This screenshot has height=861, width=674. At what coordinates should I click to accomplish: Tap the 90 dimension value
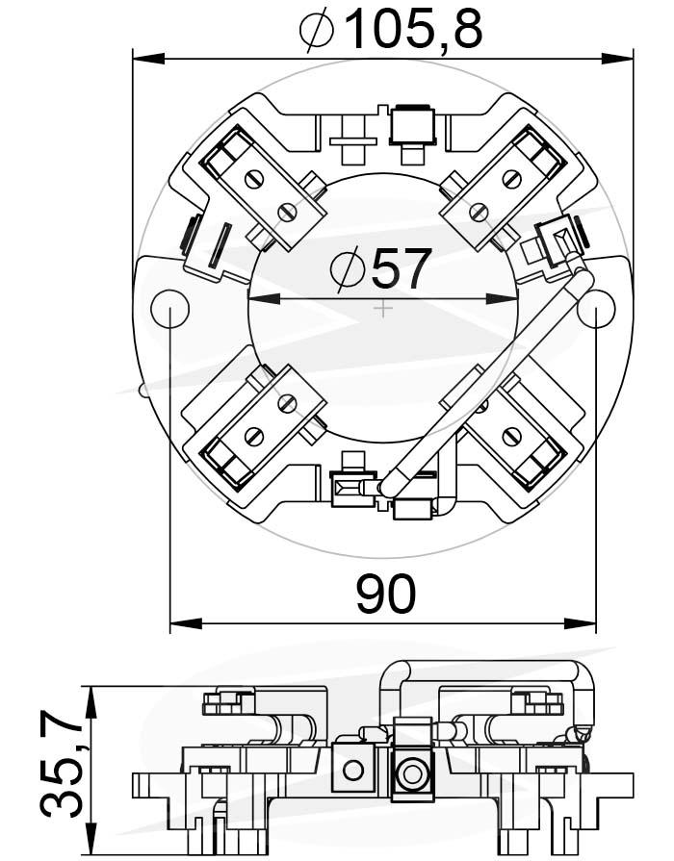385,594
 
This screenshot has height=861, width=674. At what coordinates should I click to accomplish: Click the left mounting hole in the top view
169,309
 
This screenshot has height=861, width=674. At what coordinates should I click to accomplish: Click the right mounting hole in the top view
596,309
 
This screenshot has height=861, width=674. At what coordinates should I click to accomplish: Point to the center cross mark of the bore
382,309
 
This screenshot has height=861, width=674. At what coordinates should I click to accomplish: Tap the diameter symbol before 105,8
317,30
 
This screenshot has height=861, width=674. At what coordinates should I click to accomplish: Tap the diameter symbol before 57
348,268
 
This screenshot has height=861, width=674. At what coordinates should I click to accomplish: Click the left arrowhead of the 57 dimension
265,299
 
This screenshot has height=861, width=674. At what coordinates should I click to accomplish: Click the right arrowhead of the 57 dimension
502,299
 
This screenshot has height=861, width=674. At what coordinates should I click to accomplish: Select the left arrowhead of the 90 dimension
187,623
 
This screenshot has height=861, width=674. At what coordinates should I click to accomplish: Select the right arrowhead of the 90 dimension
580,623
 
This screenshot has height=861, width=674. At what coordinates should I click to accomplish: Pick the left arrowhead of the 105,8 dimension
149,59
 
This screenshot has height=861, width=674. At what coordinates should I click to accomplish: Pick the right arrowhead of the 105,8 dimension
617,59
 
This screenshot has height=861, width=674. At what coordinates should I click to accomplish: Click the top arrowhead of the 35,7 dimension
91,701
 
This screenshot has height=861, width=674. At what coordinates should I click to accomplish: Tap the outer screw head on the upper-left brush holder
253,180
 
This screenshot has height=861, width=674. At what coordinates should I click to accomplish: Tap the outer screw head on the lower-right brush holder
512,437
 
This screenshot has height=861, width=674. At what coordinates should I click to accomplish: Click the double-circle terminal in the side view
411,773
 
